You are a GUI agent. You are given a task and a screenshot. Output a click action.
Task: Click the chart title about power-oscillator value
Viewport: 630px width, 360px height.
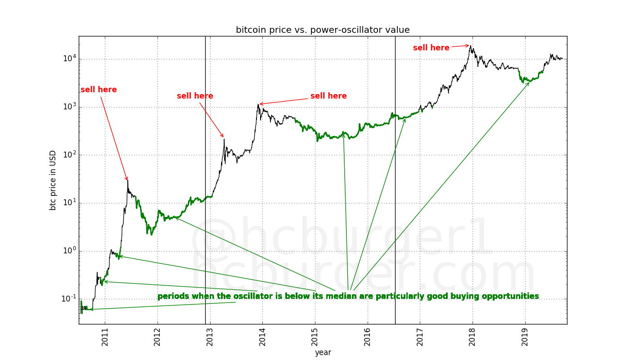click(323, 30)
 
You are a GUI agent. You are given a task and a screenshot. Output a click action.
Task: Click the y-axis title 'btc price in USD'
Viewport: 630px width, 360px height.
click(53, 180)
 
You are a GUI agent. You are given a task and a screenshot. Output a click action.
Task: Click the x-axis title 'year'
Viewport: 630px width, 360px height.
click(323, 353)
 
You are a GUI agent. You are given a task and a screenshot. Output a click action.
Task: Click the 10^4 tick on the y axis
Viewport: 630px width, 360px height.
click(68, 58)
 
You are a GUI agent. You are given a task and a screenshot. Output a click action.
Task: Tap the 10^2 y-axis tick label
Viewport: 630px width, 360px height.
click(68, 155)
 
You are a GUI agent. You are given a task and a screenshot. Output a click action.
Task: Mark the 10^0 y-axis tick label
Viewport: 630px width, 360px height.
click(68, 251)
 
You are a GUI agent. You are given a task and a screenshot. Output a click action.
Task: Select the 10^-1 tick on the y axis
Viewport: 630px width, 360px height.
click(67, 299)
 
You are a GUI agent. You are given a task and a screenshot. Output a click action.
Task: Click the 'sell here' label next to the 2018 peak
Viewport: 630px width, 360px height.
click(431, 48)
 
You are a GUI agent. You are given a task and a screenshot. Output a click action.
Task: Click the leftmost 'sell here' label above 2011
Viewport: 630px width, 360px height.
click(99, 90)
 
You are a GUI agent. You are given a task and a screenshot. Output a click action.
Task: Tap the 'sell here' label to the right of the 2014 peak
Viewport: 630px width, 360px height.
click(328, 96)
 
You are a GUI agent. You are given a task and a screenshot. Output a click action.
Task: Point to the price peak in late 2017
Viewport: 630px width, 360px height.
click(471, 45)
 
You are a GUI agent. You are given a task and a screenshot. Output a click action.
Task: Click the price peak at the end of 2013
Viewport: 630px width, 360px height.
click(258, 104)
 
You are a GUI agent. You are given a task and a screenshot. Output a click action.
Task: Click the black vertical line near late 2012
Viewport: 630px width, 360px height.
click(205, 180)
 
